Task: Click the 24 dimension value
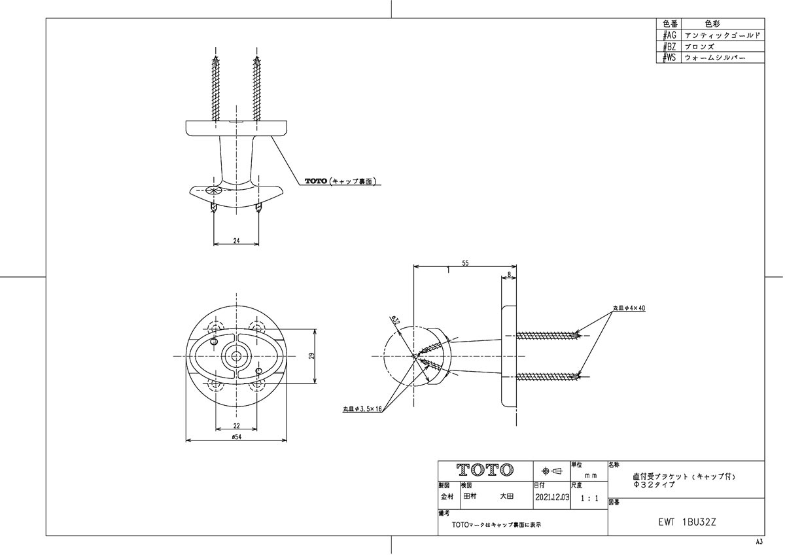(x=236, y=240)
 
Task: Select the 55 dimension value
(x=465, y=262)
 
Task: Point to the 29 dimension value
(x=313, y=356)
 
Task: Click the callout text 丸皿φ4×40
(x=629, y=308)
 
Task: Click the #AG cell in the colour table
(x=669, y=35)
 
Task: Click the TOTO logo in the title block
(x=485, y=471)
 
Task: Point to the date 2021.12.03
(x=551, y=497)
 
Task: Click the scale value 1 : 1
(x=589, y=498)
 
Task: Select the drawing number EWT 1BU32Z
(x=686, y=523)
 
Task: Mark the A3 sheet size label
(x=759, y=543)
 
